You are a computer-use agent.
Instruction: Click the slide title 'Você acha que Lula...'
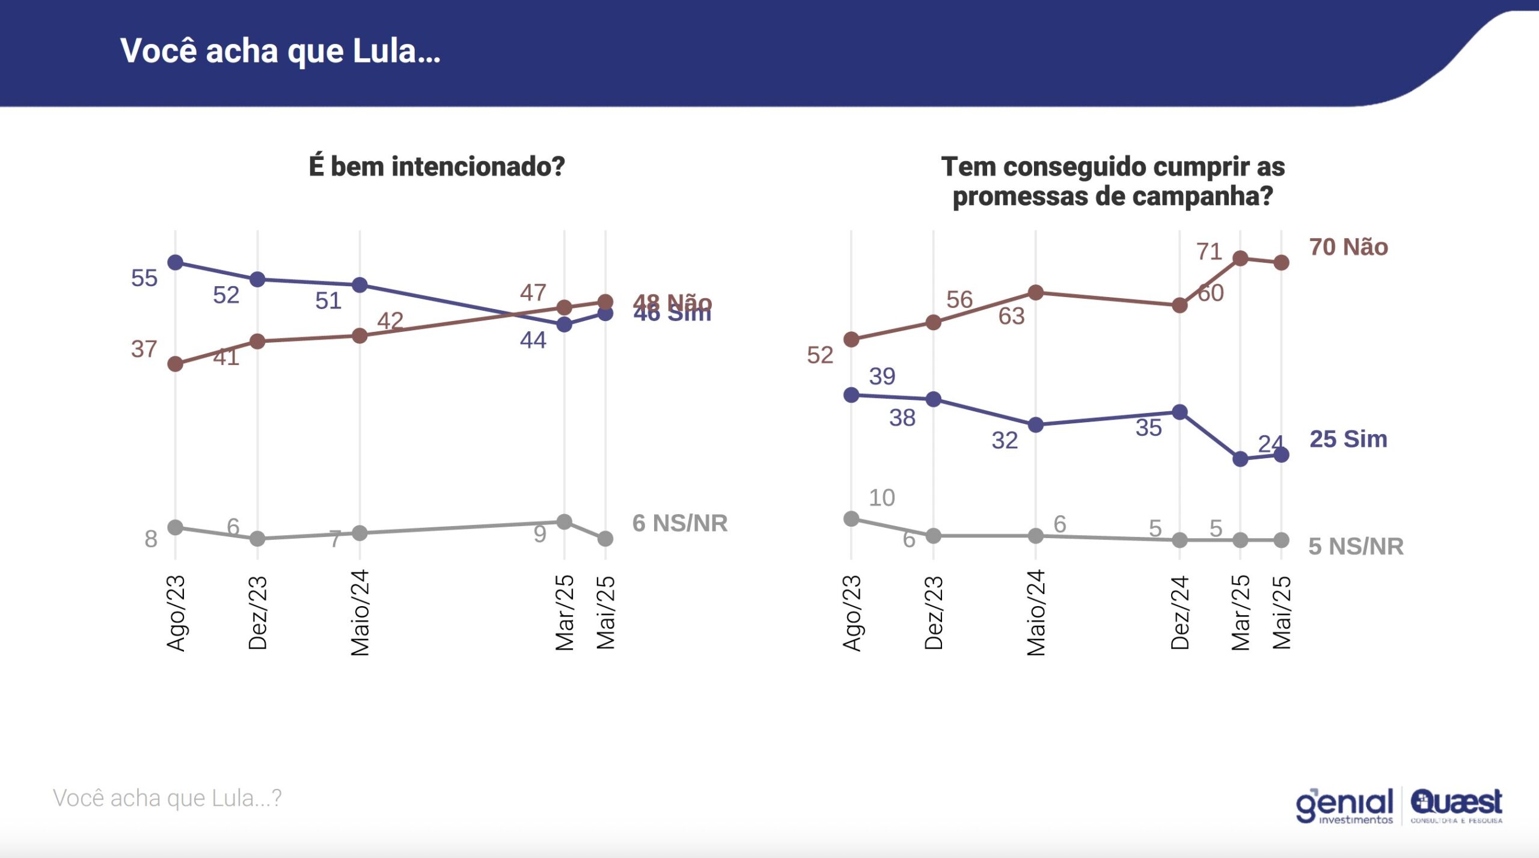coord(280,51)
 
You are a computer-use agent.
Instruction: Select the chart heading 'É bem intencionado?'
coord(437,167)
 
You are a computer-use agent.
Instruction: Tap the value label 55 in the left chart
coord(144,278)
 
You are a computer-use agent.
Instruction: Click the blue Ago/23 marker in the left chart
coord(176,263)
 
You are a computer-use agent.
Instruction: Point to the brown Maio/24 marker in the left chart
coord(360,336)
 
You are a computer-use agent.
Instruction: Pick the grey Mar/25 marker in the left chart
coord(564,522)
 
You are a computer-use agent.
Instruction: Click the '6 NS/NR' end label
coord(680,524)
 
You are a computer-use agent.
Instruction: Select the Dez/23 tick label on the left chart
coord(258,613)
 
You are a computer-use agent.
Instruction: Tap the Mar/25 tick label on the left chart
coord(565,613)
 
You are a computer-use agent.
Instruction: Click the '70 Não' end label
coord(1348,247)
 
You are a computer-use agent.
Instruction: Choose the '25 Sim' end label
coord(1348,440)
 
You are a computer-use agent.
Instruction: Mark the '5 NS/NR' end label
coord(1356,547)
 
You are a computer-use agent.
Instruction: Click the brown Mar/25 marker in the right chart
coord(1240,259)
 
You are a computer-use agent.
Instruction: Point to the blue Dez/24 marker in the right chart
coord(1179,412)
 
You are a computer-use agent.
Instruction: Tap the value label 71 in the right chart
coord(1209,251)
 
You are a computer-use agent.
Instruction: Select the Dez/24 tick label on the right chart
coord(1180,613)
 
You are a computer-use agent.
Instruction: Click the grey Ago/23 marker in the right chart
coord(851,519)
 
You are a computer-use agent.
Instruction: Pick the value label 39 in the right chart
coord(882,376)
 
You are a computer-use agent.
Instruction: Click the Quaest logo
coord(1456,804)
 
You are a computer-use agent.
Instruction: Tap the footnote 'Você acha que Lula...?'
coord(167,798)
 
